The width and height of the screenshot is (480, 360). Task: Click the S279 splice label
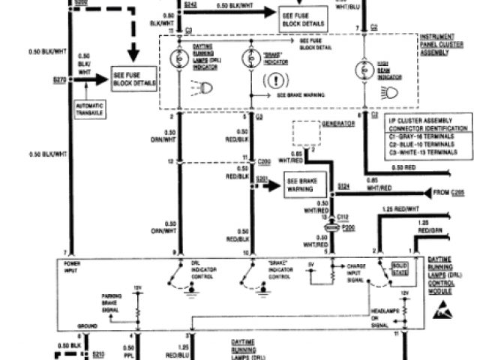[x=58, y=78]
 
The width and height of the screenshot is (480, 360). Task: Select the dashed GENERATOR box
[x=303, y=135]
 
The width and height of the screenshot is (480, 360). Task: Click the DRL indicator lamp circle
[x=180, y=58]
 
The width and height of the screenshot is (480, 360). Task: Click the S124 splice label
[x=343, y=184]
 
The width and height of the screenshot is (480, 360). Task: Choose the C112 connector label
[x=343, y=216]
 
